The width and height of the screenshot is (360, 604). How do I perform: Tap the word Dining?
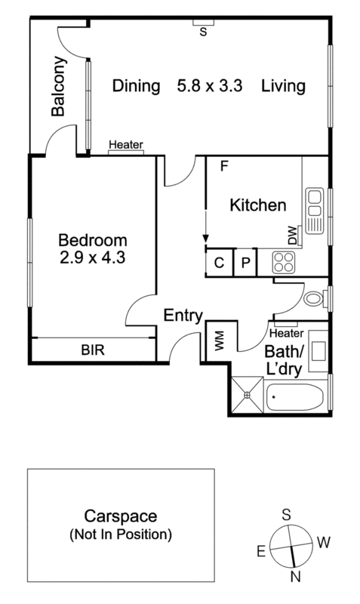pos(137,86)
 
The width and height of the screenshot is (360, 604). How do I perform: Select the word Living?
pos(283,86)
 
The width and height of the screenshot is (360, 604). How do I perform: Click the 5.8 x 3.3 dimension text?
pos(211,86)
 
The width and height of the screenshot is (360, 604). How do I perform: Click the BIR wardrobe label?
pos(93,350)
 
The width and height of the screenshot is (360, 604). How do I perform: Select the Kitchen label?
pos(258,205)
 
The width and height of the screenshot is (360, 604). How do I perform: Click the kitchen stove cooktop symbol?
pos(284,262)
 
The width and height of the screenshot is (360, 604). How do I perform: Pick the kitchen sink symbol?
pos(313,211)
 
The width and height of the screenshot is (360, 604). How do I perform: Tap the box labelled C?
pos(219,263)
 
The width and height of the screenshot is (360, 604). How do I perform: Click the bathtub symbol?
pos(296,396)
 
